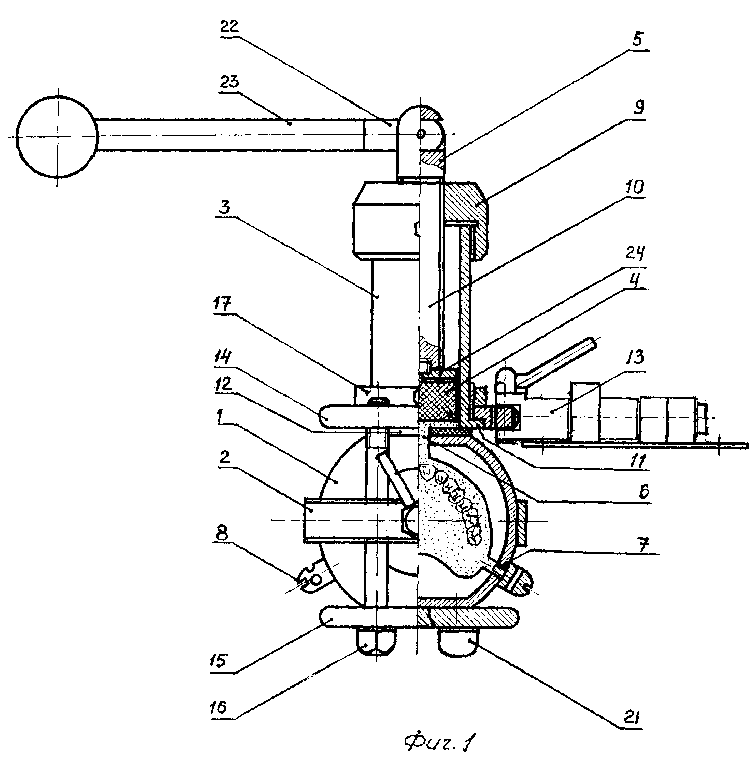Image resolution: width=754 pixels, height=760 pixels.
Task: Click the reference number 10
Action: coord(634,186)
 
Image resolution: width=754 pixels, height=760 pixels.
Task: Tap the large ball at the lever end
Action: coord(57,136)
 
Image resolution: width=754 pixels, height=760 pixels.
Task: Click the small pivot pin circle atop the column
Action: coord(421,134)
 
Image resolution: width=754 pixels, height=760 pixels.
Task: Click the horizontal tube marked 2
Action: coord(360,520)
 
